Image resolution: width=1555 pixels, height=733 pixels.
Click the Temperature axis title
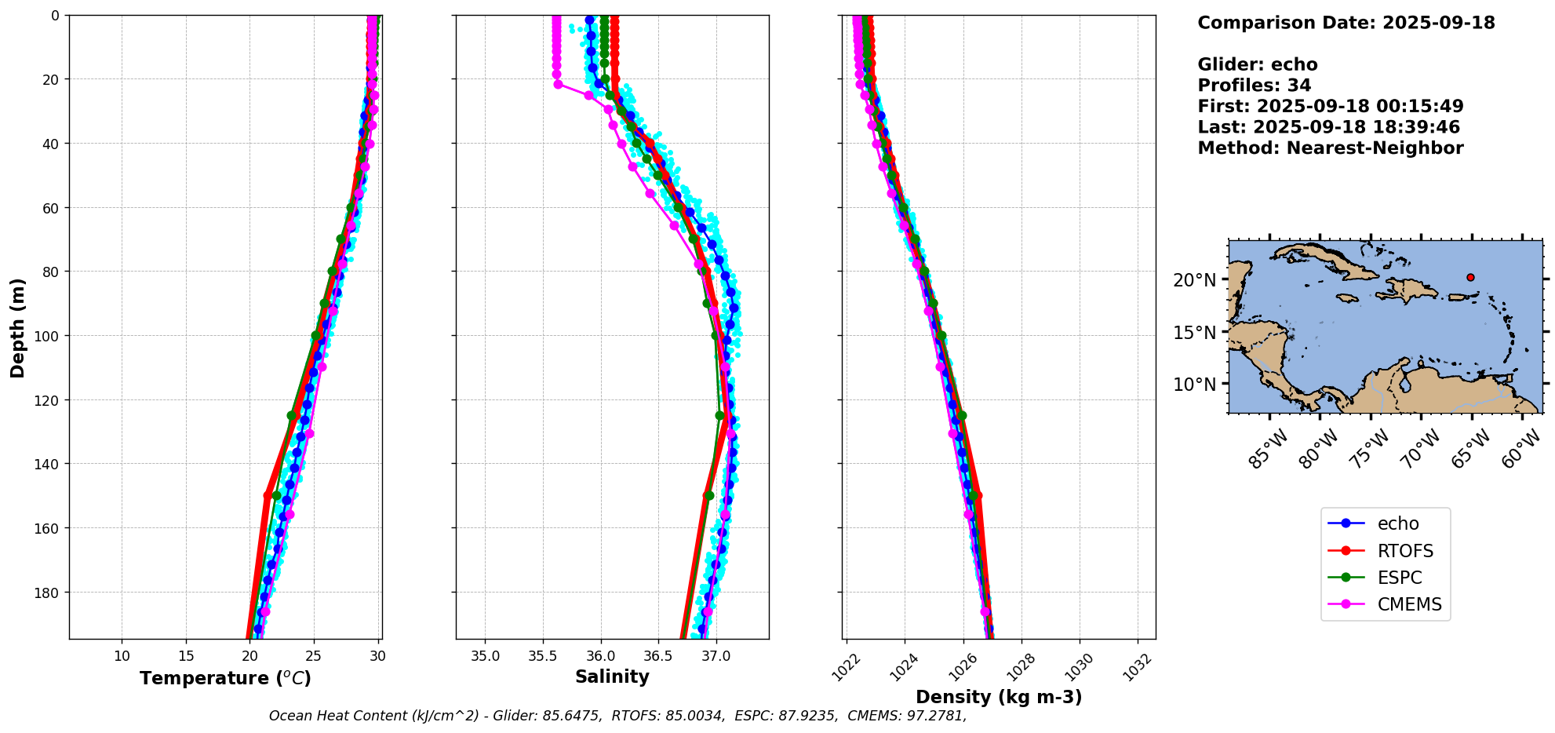tap(225, 678)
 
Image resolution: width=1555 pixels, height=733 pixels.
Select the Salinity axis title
tap(612, 676)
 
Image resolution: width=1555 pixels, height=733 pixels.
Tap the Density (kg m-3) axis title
tap(999, 697)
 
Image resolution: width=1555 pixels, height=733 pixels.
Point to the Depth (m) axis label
tap(17, 327)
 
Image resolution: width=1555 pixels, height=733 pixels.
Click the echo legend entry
tap(1398, 523)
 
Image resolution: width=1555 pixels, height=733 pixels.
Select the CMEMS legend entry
tap(1409, 604)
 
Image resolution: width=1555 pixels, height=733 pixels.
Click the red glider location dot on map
tap(1470, 277)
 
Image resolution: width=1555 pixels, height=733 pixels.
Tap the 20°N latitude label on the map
tap(1194, 280)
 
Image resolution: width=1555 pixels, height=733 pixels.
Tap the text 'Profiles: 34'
tap(1254, 86)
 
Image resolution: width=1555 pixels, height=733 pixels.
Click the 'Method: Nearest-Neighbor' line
tap(1330, 148)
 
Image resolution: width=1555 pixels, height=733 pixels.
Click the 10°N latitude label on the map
tap(1194, 385)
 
